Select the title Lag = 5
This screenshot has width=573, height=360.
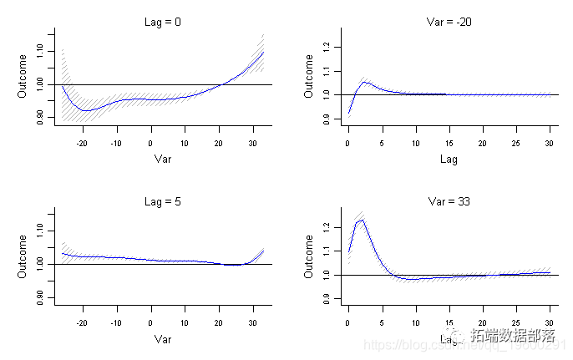163,201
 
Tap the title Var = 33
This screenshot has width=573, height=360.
449,201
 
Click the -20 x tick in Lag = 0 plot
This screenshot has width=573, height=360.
82,143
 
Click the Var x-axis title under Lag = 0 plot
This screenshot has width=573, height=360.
163,158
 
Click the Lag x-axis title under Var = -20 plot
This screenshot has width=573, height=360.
449,158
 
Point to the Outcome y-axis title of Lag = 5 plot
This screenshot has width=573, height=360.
23,256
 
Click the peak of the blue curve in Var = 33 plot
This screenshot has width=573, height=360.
362,220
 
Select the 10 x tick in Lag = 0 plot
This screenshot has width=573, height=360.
185,143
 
